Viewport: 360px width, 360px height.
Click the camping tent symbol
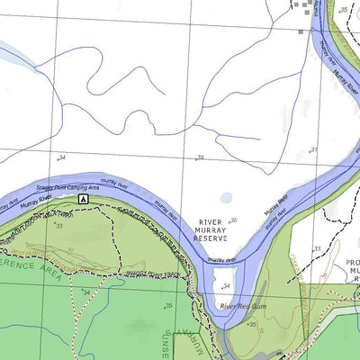83,197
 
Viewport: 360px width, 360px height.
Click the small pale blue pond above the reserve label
226,198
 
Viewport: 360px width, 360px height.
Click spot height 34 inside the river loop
226,286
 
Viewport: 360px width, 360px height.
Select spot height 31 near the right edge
313,148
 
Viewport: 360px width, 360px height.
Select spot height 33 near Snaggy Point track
59,226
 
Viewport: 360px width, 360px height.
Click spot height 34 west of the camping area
61,158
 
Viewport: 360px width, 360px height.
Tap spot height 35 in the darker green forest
168,307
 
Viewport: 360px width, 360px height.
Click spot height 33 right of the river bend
317,248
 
